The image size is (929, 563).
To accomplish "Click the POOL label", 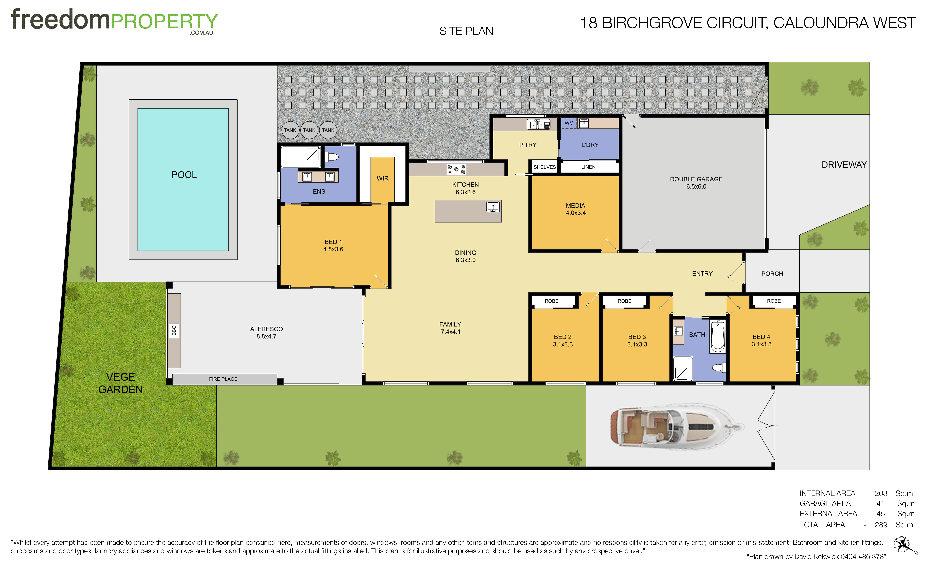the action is coord(184,175).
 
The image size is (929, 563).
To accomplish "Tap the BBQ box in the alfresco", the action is coord(174,330).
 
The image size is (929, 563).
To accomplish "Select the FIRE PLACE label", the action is coord(223,379).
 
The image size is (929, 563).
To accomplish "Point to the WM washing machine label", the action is coord(569,123).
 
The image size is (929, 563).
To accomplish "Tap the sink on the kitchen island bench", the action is coord(493,207).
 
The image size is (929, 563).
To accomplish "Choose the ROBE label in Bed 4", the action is coord(774,301).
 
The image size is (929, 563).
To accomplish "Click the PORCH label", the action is coord(772,274).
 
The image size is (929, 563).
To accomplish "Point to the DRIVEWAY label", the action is coord(844,165).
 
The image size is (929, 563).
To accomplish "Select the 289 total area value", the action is coord(881,525).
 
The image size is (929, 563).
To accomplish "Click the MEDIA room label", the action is coord(575,205).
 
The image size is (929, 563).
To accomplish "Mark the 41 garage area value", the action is coord(880,503).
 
